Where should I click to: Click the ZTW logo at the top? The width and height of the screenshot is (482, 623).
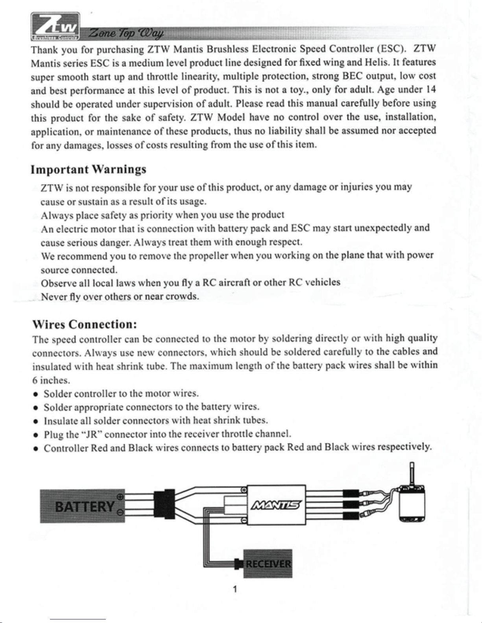55,27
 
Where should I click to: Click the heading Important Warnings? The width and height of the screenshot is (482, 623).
89,169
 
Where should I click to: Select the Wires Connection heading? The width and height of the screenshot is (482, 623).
84,324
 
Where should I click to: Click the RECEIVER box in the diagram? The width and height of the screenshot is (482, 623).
268,564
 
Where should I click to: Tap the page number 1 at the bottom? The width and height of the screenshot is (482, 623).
235,589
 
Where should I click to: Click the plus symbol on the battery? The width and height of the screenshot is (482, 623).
121,497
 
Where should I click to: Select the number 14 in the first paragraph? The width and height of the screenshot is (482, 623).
431,90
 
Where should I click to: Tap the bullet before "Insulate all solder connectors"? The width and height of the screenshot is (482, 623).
36,421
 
